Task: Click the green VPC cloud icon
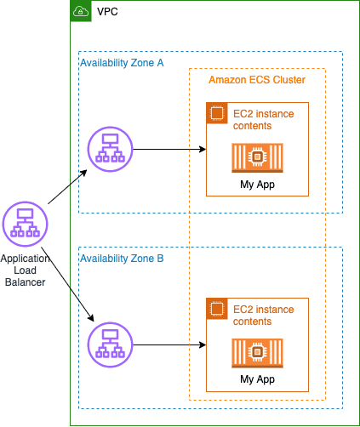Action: tap(81, 11)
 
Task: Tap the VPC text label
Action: tap(107, 12)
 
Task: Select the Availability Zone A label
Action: tap(122, 63)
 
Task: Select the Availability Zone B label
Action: tap(122, 259)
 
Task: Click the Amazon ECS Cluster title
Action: tap(257, 80)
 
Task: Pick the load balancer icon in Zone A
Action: tap(110, 149)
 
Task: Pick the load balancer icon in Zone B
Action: tap(110, 344)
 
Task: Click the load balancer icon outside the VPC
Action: tap(25, 224)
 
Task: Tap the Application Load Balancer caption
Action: tap(25, 270)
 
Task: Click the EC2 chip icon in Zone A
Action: tap(217, 113)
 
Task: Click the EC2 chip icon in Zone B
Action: tap(217, 309)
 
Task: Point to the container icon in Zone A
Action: tap(257, 157)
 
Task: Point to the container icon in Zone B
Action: tap(257, 353)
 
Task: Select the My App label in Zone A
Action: tap(257, 185)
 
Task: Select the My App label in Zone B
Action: tap(257, 379)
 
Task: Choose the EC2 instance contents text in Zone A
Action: tap(264, 120)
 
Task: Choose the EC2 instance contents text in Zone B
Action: tap(264, 316)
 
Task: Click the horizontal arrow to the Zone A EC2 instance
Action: tap(169, 149)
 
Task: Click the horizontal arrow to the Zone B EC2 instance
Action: tap(169, 344)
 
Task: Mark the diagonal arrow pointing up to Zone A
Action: tap(67, 186)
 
